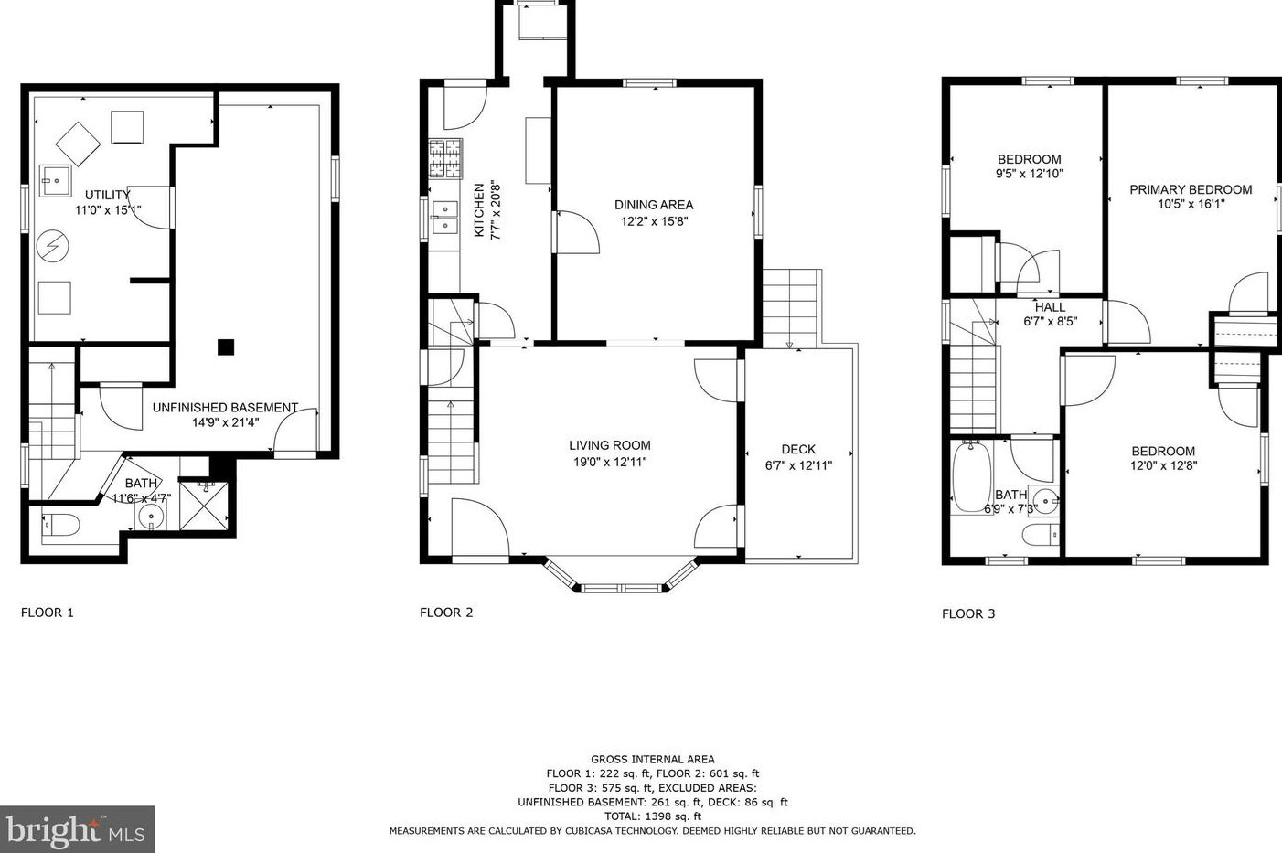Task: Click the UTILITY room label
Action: click(108, 195)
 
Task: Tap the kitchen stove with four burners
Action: click(445, 158)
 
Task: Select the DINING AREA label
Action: click(654, 205)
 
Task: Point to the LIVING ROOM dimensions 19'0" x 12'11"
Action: click(610, 462)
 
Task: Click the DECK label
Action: click(798, 450)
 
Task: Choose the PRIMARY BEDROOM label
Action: click(1191, 189)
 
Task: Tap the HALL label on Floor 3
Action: click(1051, 307)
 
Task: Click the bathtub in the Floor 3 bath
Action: click(971, 476)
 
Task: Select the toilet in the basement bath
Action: click(60, 525)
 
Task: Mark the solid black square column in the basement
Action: click(226, 347)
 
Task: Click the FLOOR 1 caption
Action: click(48, 613)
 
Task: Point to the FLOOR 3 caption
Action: click(968, 613)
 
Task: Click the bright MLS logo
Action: click(77, 829)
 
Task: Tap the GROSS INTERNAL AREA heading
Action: click(653, 759)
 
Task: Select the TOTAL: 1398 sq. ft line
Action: click(653, 816)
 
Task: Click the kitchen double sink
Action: click(444, 218)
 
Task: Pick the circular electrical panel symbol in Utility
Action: click(53, 246)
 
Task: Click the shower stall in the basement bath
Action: click(203, 506)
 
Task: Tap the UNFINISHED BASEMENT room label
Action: click(225, 408)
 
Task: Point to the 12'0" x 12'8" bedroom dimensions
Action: click(1163, 465)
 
